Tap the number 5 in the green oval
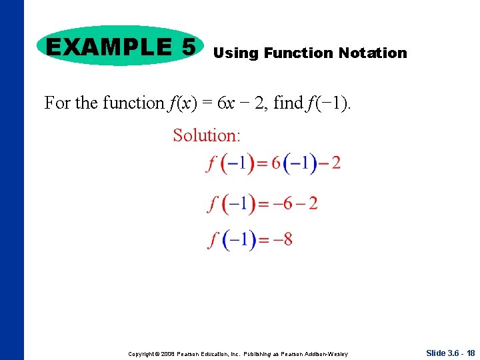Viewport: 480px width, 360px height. (187, 47)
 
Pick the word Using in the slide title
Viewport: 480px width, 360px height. (236, 53)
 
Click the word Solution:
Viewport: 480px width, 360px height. (207, 135)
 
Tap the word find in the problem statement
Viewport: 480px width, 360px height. (288, 103)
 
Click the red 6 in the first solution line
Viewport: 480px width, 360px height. (276, 163)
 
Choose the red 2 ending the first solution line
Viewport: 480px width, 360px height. (335, 163)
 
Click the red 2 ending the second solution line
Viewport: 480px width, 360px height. (313, 203)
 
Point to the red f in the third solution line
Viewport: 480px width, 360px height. (213, 239)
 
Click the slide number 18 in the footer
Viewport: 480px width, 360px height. (471, 353)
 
